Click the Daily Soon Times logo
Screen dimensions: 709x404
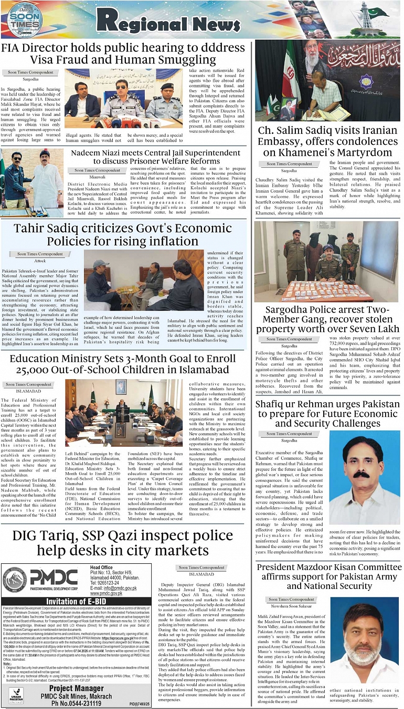(24, 20)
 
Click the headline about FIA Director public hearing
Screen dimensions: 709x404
(123, 54)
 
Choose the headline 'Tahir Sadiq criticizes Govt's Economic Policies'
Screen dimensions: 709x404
(123, 234)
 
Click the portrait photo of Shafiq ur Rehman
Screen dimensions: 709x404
(357, 477)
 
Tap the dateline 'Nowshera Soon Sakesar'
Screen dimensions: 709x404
(292, 606)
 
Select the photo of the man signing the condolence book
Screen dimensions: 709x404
(327, 81)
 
